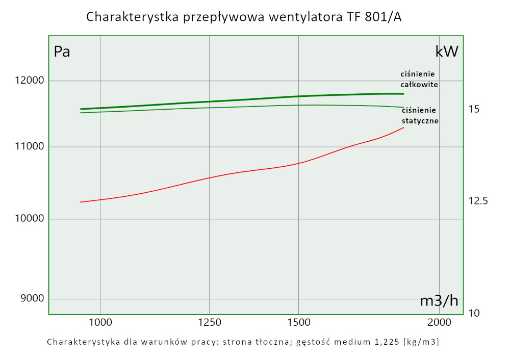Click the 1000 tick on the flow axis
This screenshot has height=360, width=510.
coord(100,322)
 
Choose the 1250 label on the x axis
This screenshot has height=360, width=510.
coord(210,322)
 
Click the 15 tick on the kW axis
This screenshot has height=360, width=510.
coord(474,109)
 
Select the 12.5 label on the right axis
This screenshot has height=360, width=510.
coord(478,201)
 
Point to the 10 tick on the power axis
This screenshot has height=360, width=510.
coord(474,313)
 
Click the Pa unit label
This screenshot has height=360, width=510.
coord(62,52)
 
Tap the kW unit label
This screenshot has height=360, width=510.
coord(447,52)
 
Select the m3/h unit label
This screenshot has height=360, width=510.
coord(439,301)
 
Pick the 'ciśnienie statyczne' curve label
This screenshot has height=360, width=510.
coord(420,116)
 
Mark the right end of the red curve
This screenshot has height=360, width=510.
coord(403,127)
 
